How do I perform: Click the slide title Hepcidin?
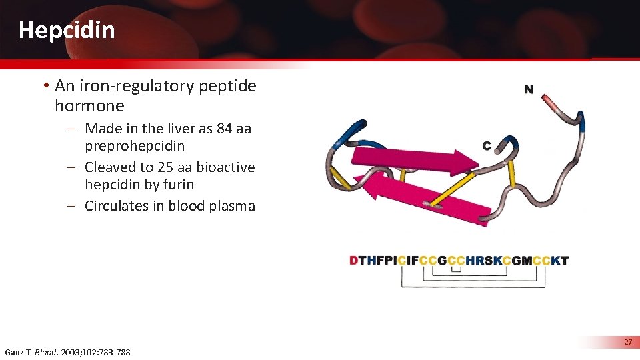tap(67, 30)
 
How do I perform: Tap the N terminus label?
tap(529, 90)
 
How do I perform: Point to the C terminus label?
tap(487, 145)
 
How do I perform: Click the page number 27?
tap(627, 342)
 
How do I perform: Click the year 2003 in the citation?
tap(73, 351)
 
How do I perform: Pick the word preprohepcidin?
tap(135, 146)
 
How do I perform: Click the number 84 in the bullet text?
tap(224, 128)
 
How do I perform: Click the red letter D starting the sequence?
tap(353, 261)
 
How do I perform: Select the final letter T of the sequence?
tap(565, 261)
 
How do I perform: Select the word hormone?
tap(89, 106)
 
